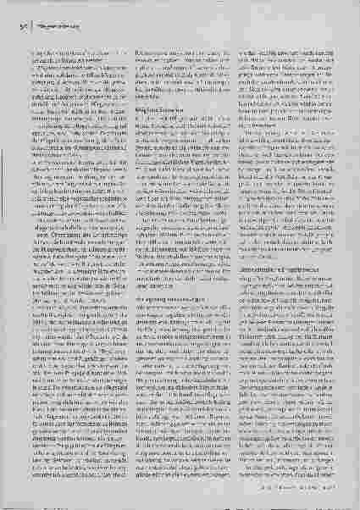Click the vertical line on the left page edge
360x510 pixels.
click(8, 254)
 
